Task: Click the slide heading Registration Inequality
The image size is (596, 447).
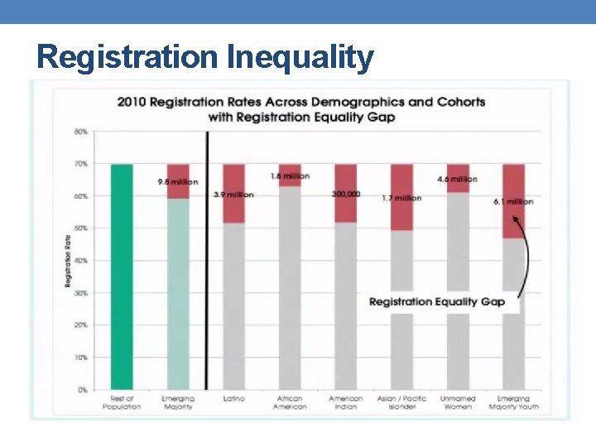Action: [205, 57]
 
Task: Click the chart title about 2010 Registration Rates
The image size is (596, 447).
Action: [301, 109]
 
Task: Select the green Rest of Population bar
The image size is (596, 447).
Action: [122, 276]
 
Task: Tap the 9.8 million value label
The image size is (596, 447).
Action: [178, 181]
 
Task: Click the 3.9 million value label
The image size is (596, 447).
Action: [233, 195]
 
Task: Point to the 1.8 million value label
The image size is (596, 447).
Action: [290, 175]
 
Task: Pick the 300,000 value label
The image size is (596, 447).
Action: [346, 194]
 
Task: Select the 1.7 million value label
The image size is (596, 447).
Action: [401, 198]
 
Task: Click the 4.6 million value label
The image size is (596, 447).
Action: [457, 179]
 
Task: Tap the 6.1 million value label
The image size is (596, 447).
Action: [513, 201]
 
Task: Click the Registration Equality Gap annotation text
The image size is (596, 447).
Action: [436, 301]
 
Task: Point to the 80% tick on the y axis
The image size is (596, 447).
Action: [81, 132]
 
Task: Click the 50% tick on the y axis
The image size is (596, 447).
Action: [81, 228]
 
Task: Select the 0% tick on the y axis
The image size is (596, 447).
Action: [83, 389]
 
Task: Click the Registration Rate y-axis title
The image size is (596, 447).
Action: [68, 261]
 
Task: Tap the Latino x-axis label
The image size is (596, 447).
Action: [233, 398]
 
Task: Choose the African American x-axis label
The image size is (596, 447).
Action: [290, 402]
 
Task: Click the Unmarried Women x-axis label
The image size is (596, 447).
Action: [458, 402]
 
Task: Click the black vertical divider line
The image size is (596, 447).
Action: [206, 260]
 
